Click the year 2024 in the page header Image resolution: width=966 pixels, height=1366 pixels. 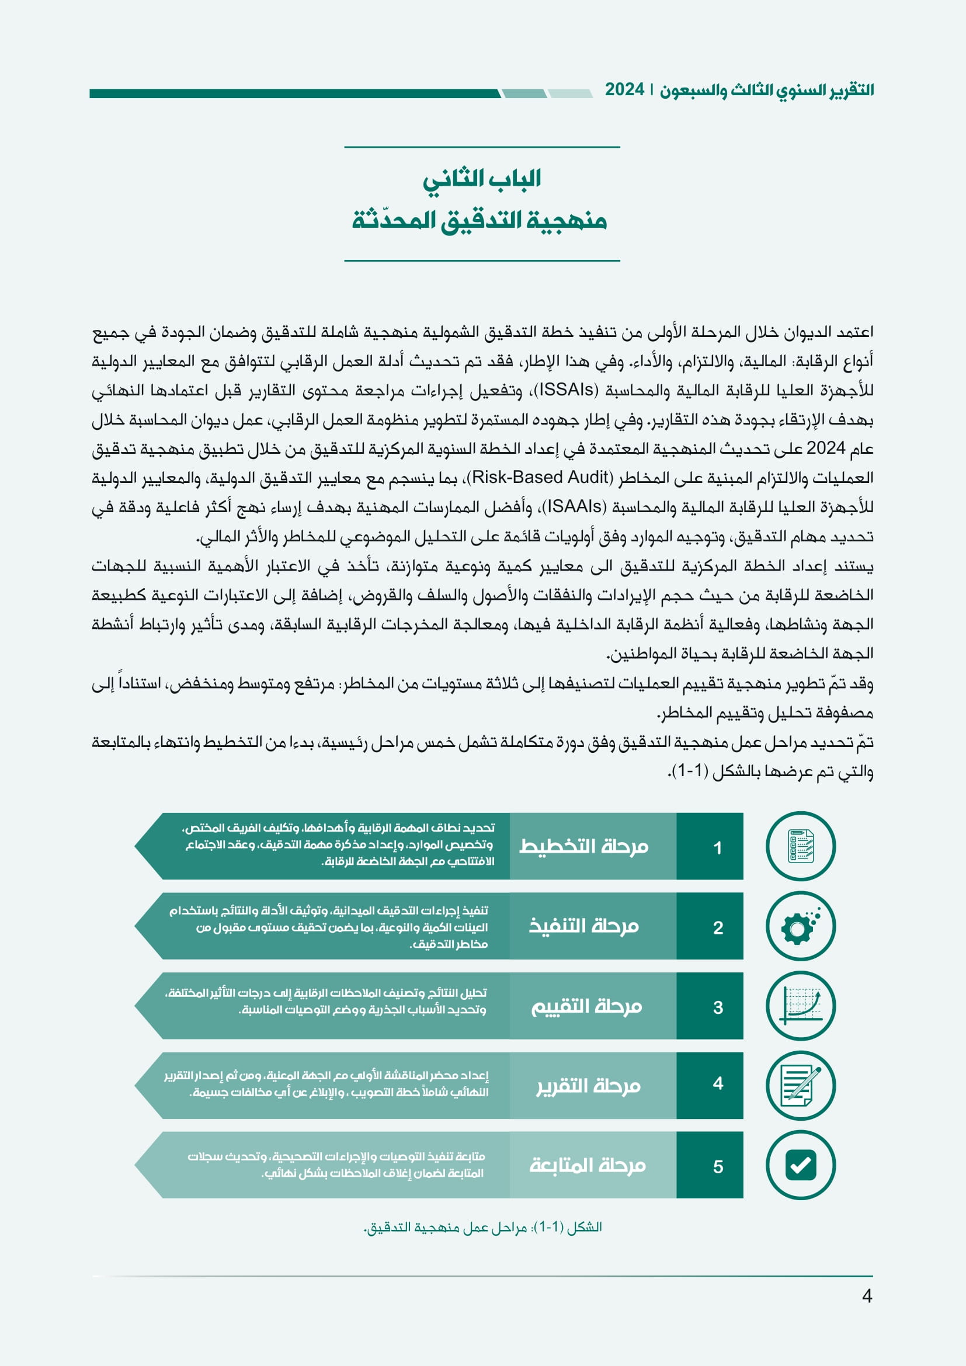624,90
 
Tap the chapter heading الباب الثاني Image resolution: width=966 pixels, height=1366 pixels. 482,179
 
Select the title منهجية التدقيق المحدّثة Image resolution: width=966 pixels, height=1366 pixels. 479,220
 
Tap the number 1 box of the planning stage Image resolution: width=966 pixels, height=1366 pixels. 717,847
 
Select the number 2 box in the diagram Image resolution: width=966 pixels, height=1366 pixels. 717,927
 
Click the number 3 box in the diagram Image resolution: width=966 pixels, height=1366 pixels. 717,1007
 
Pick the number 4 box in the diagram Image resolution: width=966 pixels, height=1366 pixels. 717,1083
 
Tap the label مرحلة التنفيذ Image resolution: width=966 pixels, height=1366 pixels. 583,926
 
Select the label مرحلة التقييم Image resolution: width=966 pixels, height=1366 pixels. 586,1006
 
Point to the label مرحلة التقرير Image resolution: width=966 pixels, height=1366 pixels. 588,1086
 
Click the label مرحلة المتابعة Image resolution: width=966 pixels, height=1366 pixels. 587,1166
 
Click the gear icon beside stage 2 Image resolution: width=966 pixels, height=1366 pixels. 800,926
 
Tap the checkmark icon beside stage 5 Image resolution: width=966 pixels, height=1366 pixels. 800,1166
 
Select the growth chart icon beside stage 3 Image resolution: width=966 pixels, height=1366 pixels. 800,1006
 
